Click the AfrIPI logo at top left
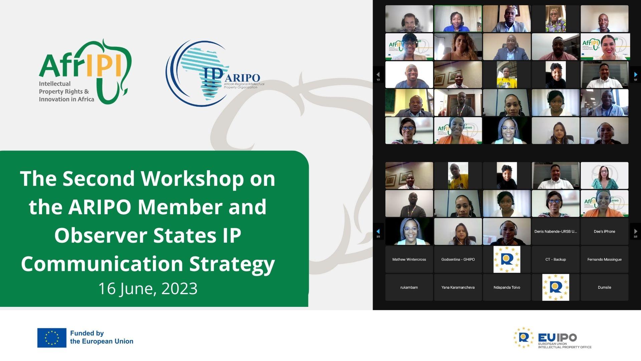(85, 72)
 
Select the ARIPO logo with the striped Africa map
(214, 74)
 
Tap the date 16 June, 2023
(148, 288)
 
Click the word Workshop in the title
(192, 178)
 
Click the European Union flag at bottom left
(52, 338)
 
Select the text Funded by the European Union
(101, 337)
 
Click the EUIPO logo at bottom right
(552, 338)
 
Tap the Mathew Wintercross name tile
(409, 259)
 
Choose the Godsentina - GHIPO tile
(458, 259)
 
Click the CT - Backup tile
(556, 259)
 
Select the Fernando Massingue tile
(604, 259)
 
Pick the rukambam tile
(409, 287)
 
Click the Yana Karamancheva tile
(458, 287)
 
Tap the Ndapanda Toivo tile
(506, 287)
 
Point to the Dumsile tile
(604, 287)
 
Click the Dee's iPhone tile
(604, 231)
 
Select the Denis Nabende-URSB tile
(556, 231)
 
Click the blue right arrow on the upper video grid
(635, 75)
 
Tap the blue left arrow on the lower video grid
(378, 231)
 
